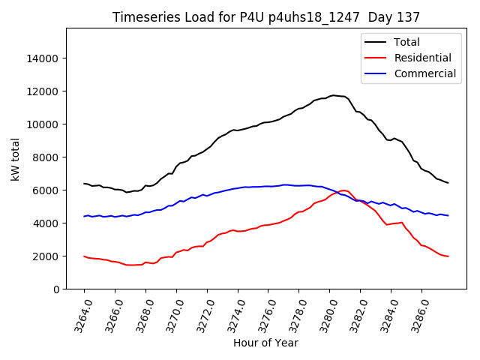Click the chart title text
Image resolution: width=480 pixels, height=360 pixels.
(x=266, y=16)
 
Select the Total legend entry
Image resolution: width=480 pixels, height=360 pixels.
(x=406, y=42)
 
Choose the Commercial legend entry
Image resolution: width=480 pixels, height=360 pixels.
(x=424, y=73)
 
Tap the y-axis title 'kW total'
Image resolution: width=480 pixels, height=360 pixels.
(x=15, y=158)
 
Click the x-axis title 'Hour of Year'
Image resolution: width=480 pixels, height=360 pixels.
(x=265, y=343)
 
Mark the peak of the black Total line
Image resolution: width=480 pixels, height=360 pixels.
(x=333, y=95)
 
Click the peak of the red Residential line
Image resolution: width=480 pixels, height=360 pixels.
(x=343, y=190)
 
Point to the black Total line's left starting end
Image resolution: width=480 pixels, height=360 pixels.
(x=84, y=183)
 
